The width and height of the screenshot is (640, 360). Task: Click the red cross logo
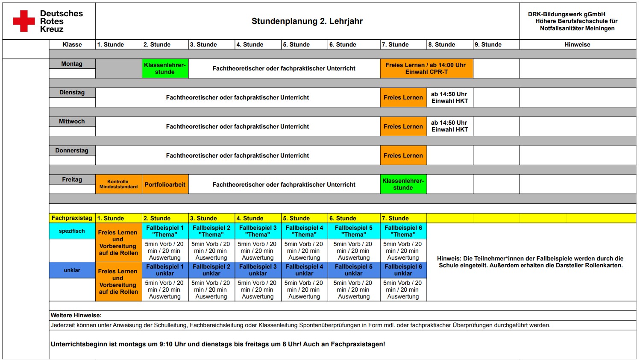pos(23,21)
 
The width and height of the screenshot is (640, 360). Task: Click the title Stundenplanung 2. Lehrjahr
pos(307,21)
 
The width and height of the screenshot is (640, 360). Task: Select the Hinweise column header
pos(577,44)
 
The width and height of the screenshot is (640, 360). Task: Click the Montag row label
pos(72,64)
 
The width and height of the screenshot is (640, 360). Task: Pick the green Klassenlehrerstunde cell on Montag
pos(165,68)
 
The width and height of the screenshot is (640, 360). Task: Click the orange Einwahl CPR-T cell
pos(426,68)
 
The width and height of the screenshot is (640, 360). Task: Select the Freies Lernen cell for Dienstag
pos(403,97)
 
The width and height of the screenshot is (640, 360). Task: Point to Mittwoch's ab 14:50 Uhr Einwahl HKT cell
pos(449,126)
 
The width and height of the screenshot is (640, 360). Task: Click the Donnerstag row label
pos(72,150)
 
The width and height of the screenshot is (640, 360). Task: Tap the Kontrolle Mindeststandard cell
pos(118,184)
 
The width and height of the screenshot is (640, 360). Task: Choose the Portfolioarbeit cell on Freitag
pos(165,184)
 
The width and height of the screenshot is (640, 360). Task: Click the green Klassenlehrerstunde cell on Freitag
pos(403,184)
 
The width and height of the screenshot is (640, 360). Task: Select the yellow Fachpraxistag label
pos(72,218)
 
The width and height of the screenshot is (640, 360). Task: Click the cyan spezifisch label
pos(72,231)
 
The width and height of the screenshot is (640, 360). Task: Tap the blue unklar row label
pos(72,270)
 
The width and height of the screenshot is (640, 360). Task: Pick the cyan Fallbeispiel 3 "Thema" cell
pos(258,231)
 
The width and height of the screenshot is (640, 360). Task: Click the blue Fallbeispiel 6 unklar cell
pos(403,270)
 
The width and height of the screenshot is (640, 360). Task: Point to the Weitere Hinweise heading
pos(76,315)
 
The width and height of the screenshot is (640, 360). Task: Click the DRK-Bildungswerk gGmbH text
pos(567,14)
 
